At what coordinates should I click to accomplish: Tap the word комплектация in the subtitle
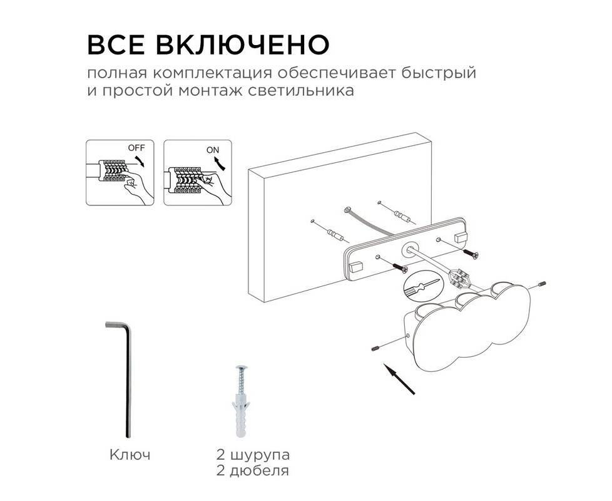212,74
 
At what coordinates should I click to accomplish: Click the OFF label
136,148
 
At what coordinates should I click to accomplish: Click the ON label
213,150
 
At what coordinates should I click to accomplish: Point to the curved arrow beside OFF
138,160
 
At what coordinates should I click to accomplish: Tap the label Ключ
130,455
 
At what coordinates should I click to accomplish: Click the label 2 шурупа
253,455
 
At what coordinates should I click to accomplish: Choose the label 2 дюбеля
253,471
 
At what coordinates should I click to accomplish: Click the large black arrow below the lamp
399,379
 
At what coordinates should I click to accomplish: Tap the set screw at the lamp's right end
542,284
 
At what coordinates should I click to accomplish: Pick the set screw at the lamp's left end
375,347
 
